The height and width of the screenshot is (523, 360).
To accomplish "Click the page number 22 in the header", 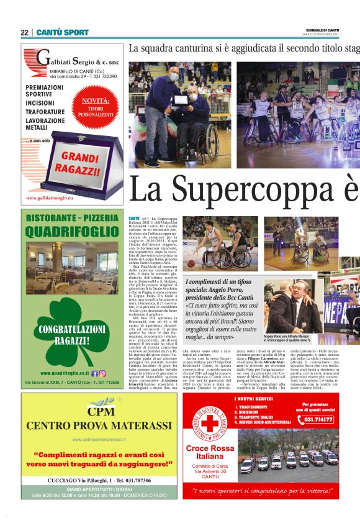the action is (x=24, y=32).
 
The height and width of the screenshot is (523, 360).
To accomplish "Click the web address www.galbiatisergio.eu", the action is (x=50, y=198).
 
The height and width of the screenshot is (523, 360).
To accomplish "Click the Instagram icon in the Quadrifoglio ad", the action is (x=102, y=373).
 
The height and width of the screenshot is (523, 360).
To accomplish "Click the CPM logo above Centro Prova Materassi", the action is (x=99, y=410).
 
